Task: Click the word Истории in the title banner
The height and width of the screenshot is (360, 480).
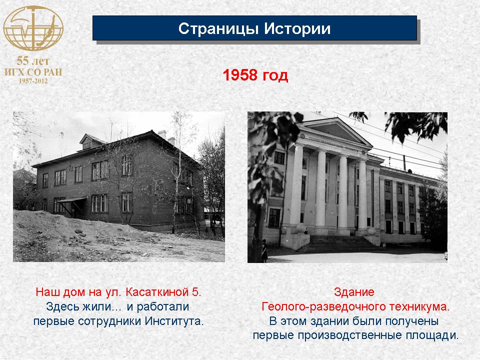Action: point(297,28)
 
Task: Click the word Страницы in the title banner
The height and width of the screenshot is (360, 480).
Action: point(218,29)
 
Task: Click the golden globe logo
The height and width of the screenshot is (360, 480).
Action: point(33,28)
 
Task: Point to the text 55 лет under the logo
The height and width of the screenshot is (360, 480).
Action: point(33,61)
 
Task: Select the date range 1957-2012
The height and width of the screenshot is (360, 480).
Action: point(33,81)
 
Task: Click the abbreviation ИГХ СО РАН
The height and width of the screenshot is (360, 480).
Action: point(33,72)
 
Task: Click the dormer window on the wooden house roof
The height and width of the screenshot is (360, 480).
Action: point(87,142)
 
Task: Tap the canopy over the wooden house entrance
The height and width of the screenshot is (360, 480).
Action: point(71,200)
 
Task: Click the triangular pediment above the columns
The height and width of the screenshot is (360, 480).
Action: point(335,131)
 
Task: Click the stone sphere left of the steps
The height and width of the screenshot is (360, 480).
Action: point(301,228)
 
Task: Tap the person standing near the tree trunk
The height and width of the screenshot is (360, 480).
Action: point(264,251)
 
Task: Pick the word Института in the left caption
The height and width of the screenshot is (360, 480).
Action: point(174,321)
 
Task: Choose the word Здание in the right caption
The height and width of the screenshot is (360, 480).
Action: point(354,292)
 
